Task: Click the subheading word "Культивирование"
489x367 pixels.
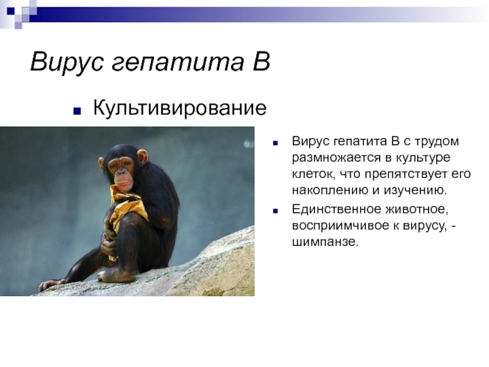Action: [x=180, y=108]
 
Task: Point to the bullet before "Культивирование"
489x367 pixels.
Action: [x=77, y=111]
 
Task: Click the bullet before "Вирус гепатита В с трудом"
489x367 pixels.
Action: [x=275, y=143]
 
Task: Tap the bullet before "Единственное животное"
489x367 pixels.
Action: [x=275, y=211]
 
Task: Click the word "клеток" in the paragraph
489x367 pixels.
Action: [x=313, y=174]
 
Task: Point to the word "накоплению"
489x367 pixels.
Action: [x=330, y=190]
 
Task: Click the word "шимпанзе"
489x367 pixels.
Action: [x=325, y=242]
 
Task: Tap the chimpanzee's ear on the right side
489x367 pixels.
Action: [x=142, y=158]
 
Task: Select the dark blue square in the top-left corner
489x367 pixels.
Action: [x=11, y=11]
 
